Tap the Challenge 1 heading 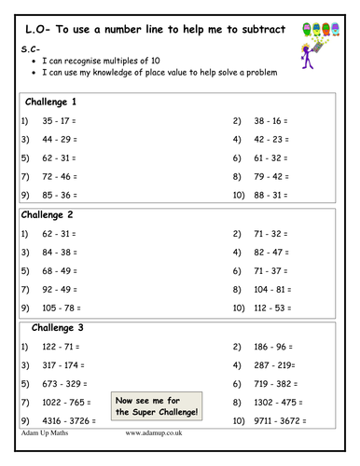[x=54, y=101]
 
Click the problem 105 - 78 [x=63, y=307]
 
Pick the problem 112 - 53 [x=271, y=307]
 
